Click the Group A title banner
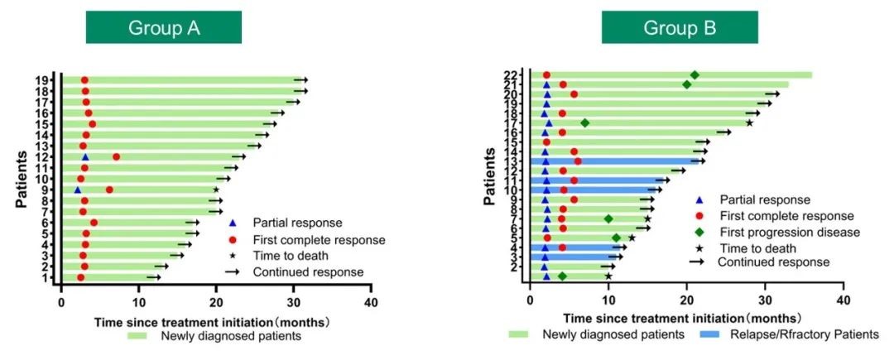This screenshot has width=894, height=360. point(164,28)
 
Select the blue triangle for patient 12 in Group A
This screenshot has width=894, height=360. point(85,156)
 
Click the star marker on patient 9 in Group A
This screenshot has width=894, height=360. point(216,190)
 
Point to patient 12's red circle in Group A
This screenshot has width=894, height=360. point(116,156)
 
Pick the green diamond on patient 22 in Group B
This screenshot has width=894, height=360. point(695,75)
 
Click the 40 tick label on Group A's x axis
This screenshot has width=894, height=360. point(372,303)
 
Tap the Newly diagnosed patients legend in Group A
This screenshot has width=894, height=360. point(213,335)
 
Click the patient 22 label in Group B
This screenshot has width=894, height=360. point(513,75)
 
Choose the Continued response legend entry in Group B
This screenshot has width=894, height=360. point(772,262)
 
